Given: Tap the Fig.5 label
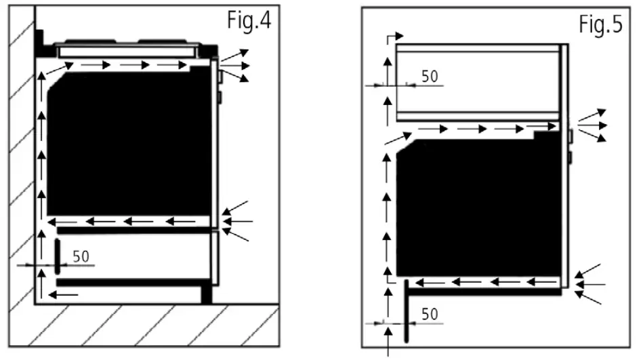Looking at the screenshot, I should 600,25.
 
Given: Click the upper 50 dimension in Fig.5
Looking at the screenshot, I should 430,76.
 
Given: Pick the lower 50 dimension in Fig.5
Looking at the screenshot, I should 430,314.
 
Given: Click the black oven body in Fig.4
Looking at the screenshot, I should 129,142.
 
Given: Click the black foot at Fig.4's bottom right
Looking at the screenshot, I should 207,294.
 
